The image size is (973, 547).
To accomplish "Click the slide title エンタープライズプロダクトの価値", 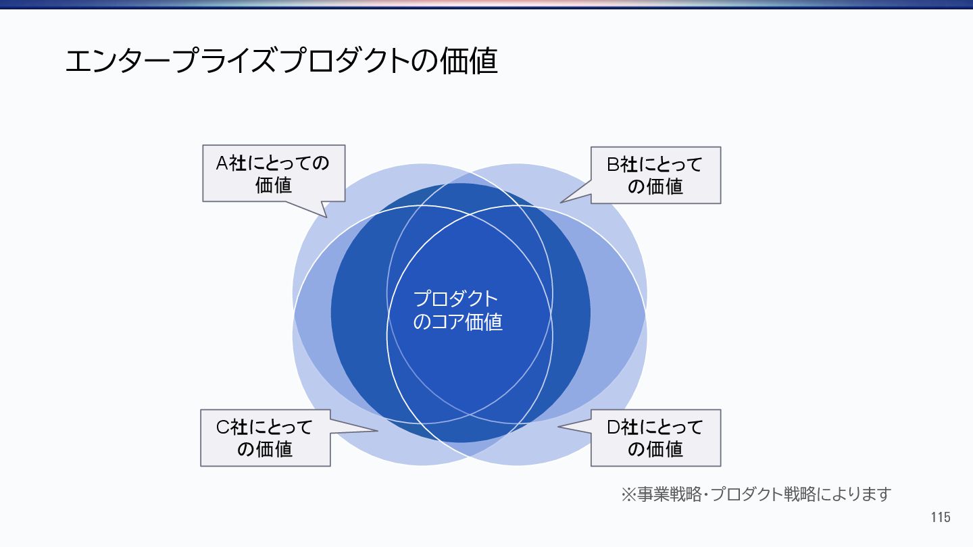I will [x=281, y=61].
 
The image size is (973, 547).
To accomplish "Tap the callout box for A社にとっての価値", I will [x=274, y=174].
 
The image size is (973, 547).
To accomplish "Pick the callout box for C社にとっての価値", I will [x=265, y=438].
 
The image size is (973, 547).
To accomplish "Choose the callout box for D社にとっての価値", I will [x=655, y=438].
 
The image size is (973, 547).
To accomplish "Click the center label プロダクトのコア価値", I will [x=457, y=310].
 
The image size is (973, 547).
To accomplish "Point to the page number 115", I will [x=940, y=518].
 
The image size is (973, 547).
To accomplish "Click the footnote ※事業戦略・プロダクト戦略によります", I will [x=756, y=494].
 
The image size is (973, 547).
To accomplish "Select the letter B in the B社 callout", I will [x=613, y=164].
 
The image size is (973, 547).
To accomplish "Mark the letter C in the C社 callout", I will [x=222, y=427].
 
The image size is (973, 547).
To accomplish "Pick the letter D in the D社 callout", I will [x=613, y=427].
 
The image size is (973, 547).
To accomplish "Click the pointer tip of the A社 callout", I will [x=326, y=217].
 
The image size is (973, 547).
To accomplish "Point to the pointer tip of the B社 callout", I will [x=561, y=202].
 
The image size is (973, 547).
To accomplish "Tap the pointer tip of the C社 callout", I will [x=377, y=430].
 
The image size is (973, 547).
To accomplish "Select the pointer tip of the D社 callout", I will [x=558, y=427].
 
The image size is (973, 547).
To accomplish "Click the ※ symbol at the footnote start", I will [x=628, y=494].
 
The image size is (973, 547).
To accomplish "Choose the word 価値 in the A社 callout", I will [x=274, y=184].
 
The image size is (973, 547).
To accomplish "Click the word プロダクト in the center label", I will [x=455, y=299].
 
